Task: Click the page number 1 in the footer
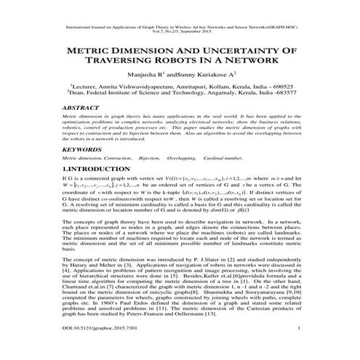coord(300,349)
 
